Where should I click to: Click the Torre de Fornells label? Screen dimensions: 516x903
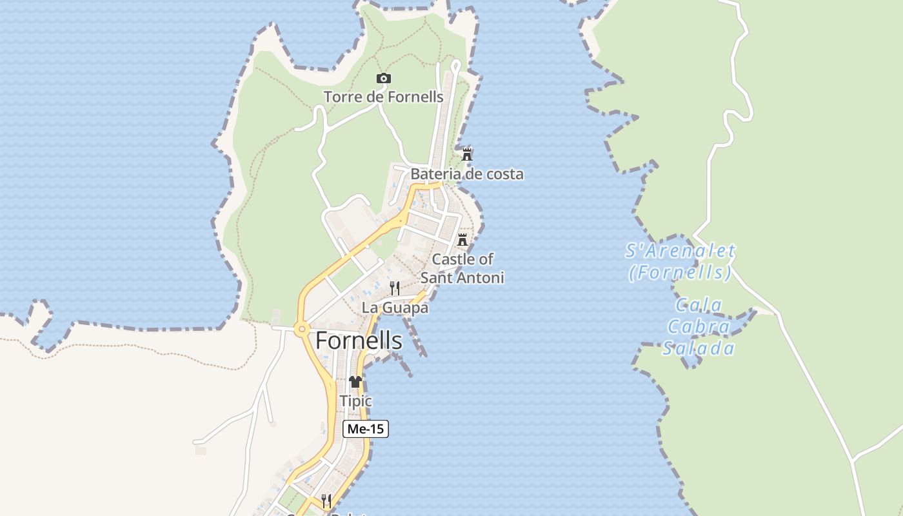point(383,97)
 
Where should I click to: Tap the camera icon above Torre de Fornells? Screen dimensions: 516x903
point(384,79)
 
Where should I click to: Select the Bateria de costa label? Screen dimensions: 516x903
point(467,174)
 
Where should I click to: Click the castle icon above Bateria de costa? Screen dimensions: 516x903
point(467,155)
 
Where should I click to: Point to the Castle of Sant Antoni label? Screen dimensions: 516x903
point(462,268)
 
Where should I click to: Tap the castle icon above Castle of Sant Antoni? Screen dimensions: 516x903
point(462,240)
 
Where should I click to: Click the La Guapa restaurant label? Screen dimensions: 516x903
point(395,308)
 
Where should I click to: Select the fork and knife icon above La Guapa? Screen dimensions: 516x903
point(395,288)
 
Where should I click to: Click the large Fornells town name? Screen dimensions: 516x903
point(359,341)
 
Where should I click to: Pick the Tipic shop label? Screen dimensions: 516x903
point(355,401)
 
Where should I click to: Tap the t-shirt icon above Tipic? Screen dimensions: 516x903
point(355,382)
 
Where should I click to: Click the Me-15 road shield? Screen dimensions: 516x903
point(366,429)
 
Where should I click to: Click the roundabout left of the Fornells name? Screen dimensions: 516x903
point(301,330)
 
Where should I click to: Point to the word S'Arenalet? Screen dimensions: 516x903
point(680,251)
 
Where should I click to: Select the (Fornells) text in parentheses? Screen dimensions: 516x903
point(680,273)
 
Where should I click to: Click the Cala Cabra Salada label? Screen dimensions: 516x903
point(699,327)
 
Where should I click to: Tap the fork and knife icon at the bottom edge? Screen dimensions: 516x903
point(326,501)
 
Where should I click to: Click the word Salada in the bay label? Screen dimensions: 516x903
point(699,349)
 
